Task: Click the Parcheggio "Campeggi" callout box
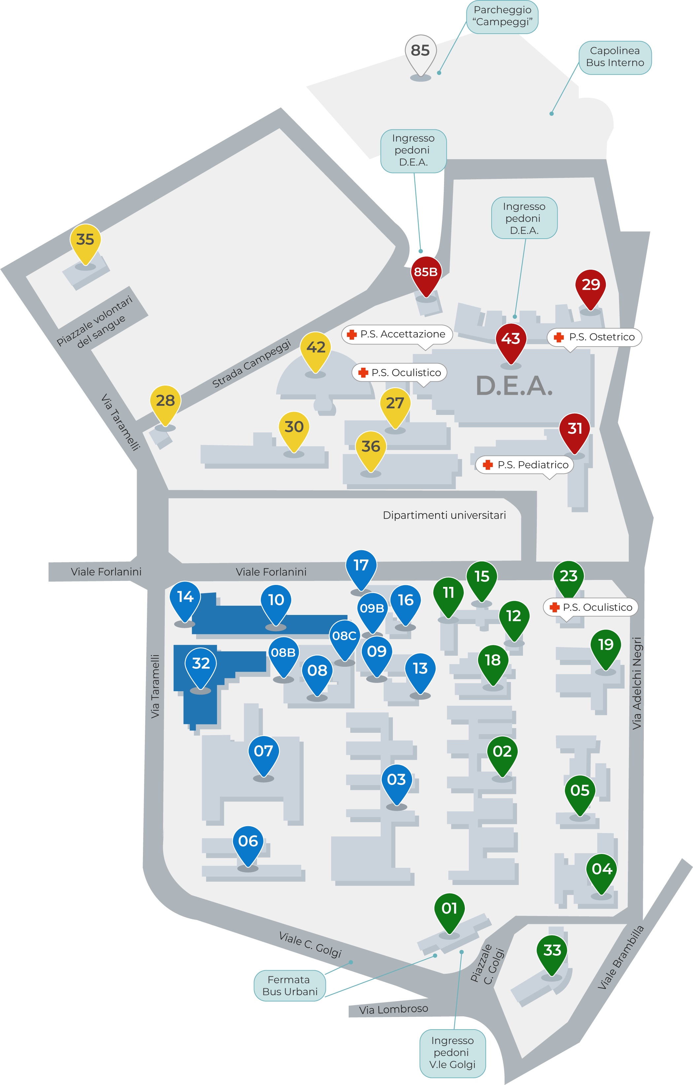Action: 502,16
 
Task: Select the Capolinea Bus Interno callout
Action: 615,57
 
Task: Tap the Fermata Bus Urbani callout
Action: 289,985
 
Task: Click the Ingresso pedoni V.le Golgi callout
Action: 452,1053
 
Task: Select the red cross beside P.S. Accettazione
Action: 352,334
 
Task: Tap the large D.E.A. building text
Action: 514,386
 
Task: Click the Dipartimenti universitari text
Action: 444,515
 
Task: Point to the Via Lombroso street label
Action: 393,1010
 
